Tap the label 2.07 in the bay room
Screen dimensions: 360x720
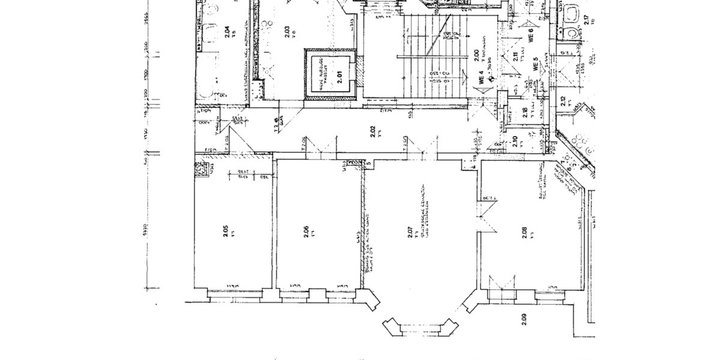[410, 233]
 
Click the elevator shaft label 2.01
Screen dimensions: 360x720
[339, 76]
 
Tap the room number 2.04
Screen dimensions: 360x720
[227, 32]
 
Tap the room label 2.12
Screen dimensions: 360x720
[562, 101]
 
